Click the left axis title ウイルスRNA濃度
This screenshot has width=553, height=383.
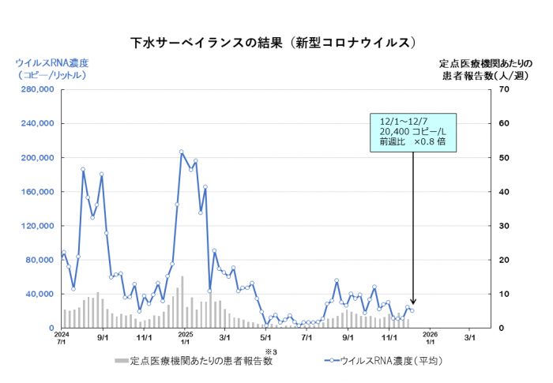(x=52, y=62)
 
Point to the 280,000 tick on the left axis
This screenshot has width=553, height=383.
(x=34, y=89)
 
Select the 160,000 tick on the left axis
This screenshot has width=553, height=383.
(x=34, y=192)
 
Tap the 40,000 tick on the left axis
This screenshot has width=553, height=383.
(x=36, y=294)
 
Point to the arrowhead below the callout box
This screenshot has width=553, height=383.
(x=412, y=303)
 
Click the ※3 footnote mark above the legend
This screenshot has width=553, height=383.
(x=269, y=351)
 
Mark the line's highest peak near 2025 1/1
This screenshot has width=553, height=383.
(x=181, y=152)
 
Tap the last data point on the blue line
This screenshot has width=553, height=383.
(x=412, y=310)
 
